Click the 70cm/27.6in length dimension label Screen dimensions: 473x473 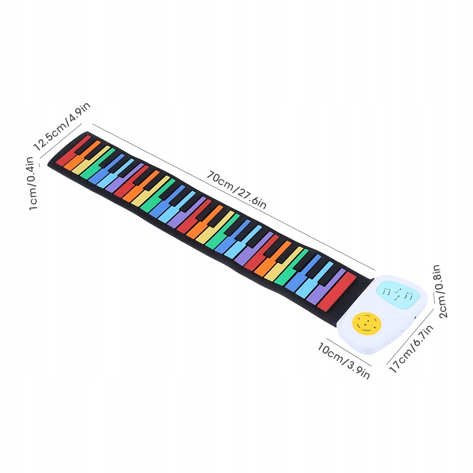point(236,189)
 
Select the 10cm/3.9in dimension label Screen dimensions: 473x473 point(343,360)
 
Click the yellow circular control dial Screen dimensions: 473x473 point(366,323)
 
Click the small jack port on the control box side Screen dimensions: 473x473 point(415,317)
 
